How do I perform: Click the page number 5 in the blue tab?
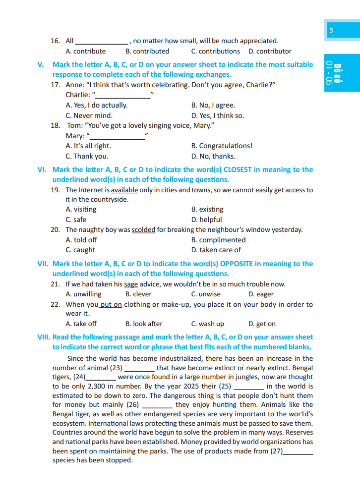click(x=331, y=31)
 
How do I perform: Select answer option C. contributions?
click(x=215, y=51)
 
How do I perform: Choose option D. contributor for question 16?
click(x=270, y=51)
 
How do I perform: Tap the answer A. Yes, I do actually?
click(x=97, y=105)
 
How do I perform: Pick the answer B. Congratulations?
click(x=222, y=146)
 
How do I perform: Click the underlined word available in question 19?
click(x=124, y=190)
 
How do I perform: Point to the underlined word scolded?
click(x=143, y=229)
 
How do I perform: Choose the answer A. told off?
click(x=81, y=240)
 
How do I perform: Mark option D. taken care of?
click(x=216, y=250)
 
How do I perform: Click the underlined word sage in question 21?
click(x=131, y=284)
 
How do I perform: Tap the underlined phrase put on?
click(x=111, y=304)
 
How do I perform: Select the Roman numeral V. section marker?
click(x=41, y=64)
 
